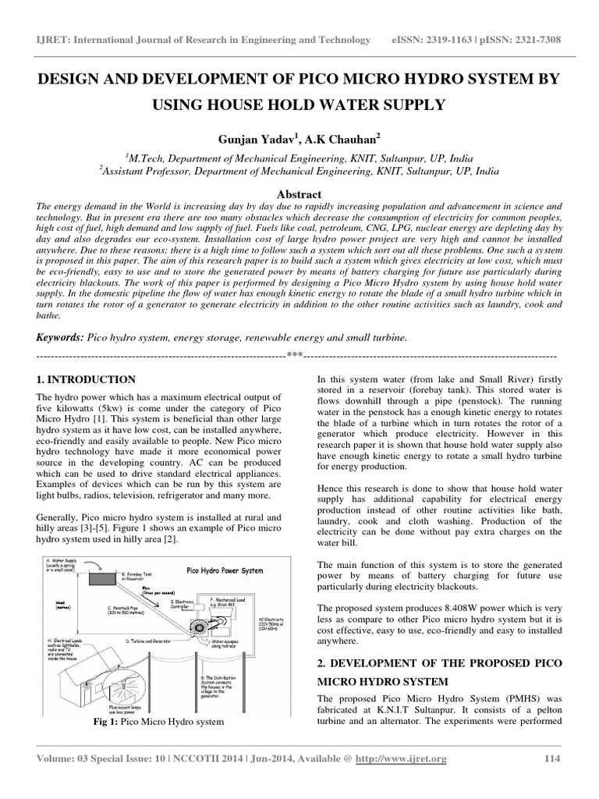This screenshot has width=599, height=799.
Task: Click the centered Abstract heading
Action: pos(299,194)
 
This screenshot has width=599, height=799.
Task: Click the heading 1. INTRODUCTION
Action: pos(86,380)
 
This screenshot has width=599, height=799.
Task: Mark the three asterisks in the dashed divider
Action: pos(294,357)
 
